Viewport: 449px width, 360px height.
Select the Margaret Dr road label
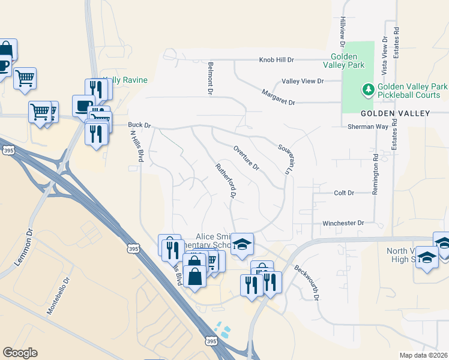pyautogui.click(x=279, y=98)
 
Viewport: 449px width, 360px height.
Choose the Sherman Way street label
pyautogui.click(x=368, y=127)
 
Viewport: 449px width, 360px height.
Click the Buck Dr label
pyautogui.click(x=139, y=125)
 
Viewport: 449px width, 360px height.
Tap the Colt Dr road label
pyautogui.click(x=344, y=193)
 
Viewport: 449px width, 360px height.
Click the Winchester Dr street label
pyautogui.click(x=343, y=223)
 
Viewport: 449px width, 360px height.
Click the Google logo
pyautogui.click(x=20, y=352)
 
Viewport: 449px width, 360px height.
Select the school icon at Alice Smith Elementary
pyautogui.click(x=242, y=244)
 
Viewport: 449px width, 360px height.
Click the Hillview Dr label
pyautogui.click(x=343, y=32)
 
